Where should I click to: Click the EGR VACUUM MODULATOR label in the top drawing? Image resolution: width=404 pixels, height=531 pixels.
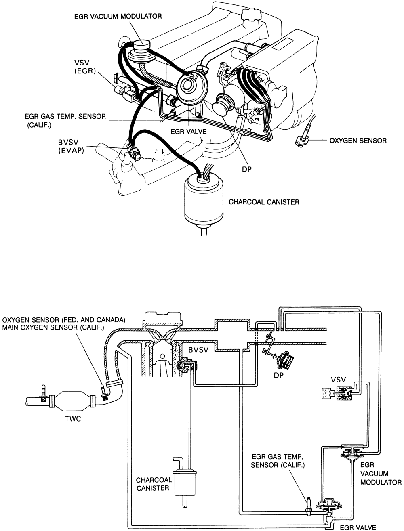point(118,17)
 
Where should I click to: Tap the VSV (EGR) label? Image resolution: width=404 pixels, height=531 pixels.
point(85,67)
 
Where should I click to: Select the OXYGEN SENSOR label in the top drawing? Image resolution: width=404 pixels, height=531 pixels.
point(358,141)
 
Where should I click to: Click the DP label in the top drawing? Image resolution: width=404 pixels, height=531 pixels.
point(247,169)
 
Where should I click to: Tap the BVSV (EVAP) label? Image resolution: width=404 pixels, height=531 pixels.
point(71,146)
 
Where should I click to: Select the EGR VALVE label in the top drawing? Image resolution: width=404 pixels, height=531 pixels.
point(188,132)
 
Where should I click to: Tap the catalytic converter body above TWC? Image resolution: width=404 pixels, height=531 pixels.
point(72,401)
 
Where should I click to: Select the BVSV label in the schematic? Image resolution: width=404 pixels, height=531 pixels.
point(198,350)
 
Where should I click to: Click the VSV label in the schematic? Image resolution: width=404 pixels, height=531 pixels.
point(338,380)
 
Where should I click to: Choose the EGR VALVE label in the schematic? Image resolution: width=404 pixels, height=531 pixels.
point(358,527)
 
